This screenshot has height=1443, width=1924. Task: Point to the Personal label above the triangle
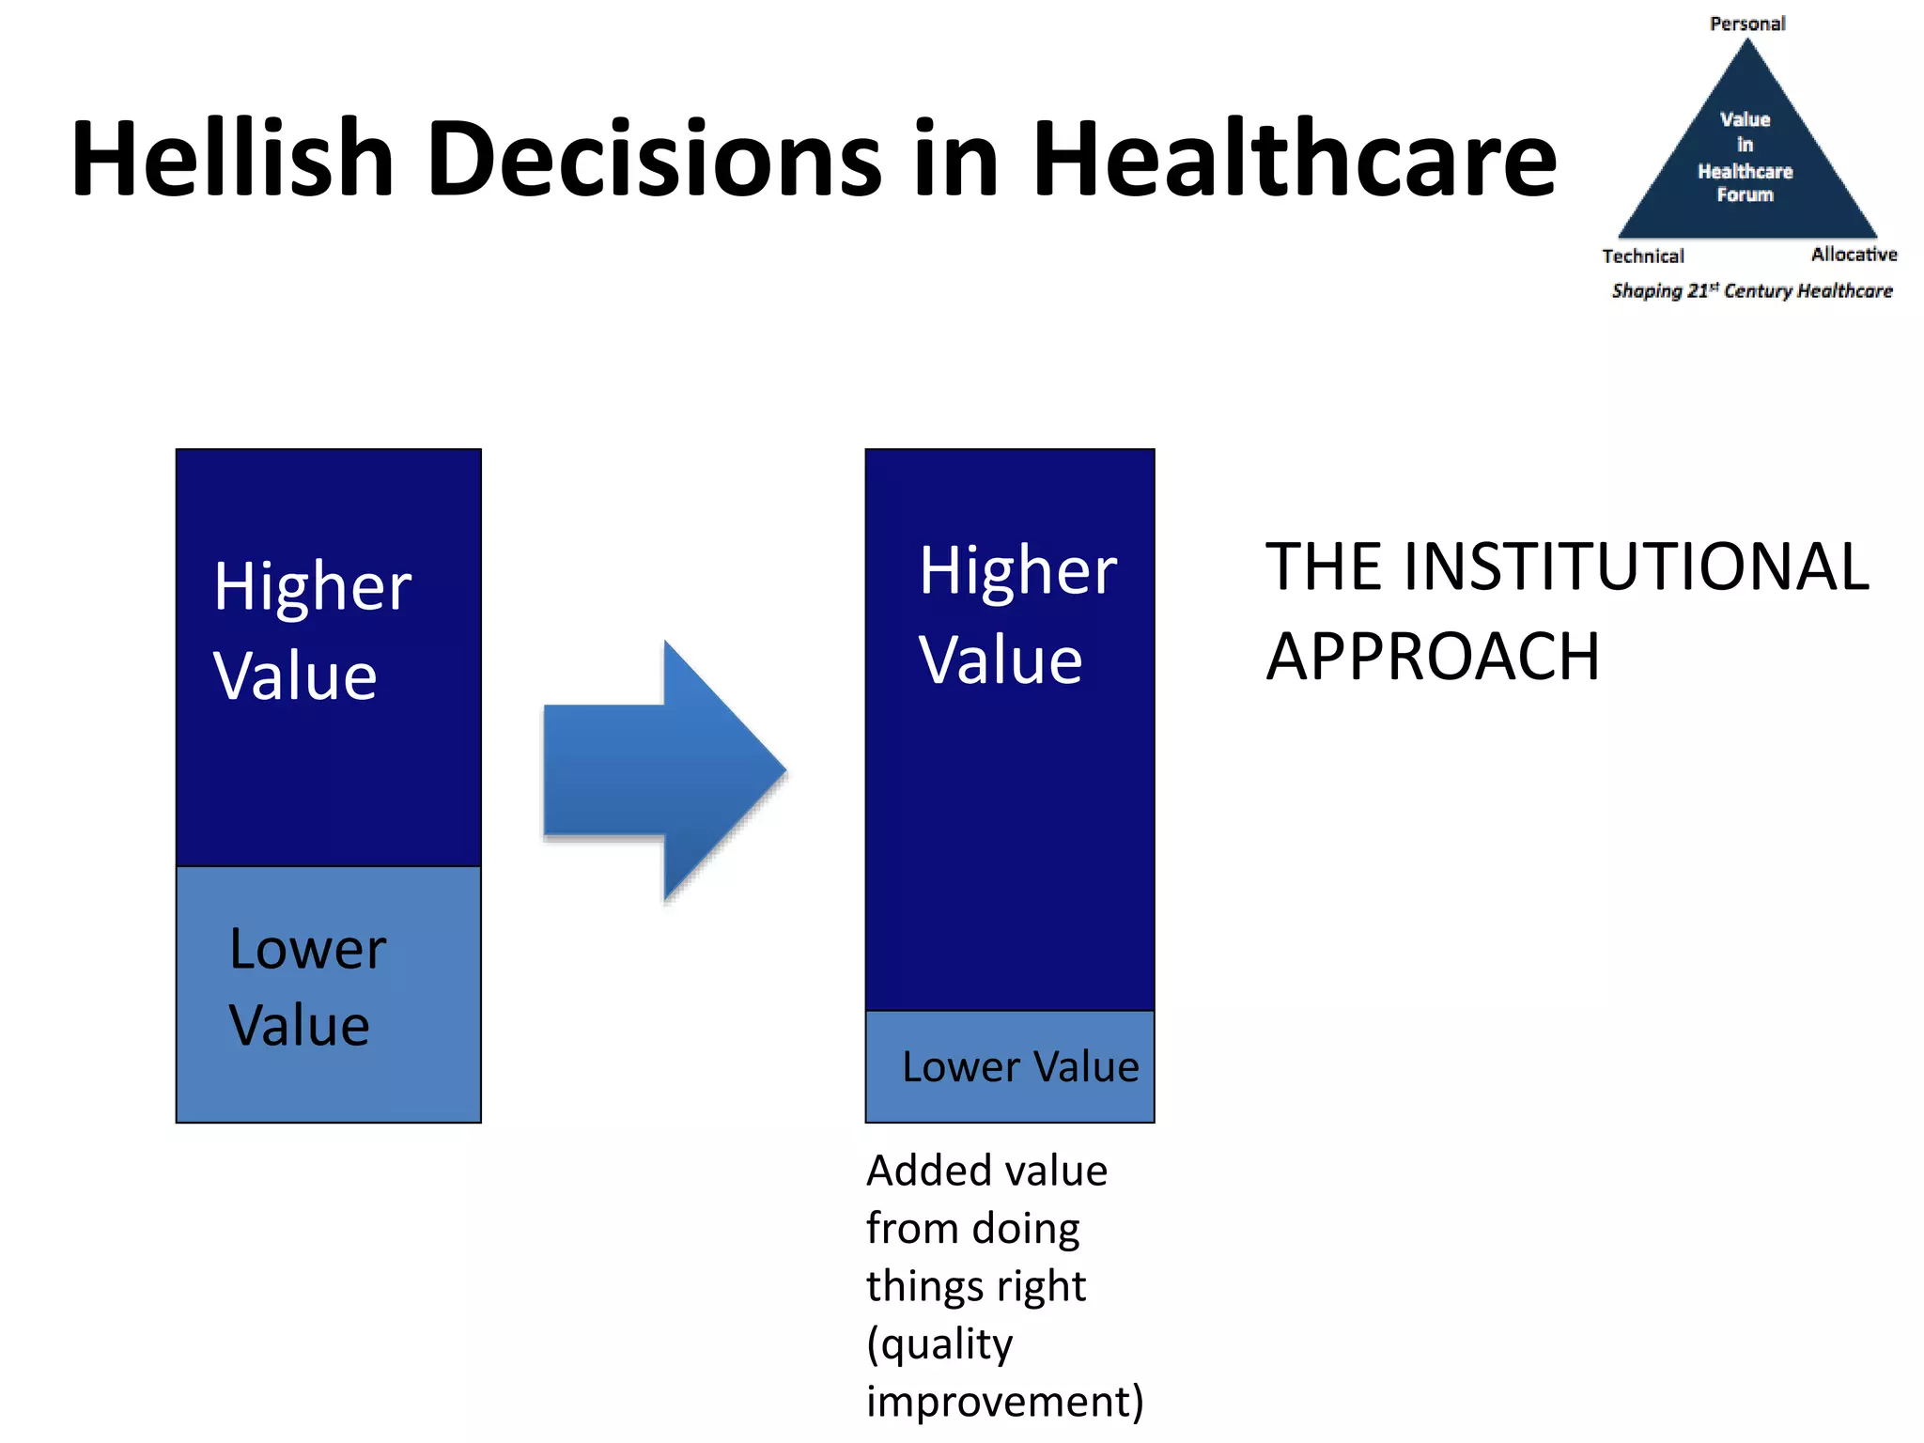pyautogui.click(x=1746, y=23)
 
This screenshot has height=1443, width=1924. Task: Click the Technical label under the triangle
pyautogui.click(x=1642, y=256)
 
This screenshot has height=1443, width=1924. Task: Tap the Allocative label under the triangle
pyautogui.click(x=1854, y=255)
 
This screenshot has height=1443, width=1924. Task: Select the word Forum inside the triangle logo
pyautogui.click(x=1745, y=194)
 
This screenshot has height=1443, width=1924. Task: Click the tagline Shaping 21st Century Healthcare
pyautogui.click(x=1751, y=290)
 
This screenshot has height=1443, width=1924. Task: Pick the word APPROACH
pyautogui.click(x=1432, y=656)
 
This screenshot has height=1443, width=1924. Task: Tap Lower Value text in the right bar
pyautogui.click(x=1019, y=1066)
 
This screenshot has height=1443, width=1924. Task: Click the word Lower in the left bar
pyautogui.click(x=307, y=949)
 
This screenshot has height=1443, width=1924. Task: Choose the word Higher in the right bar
pyautogui.click(x=1017, y=570)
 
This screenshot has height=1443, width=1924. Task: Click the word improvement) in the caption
pyautogui.click(x=1004, y=1401)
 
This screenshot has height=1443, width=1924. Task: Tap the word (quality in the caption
pyautogui.click(x=939, y=1343)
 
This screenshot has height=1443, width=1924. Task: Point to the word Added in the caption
pyautogui.click(x=917, y=1171)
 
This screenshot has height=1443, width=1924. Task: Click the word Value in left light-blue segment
pyautogui.click(x=299, y=1025)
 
